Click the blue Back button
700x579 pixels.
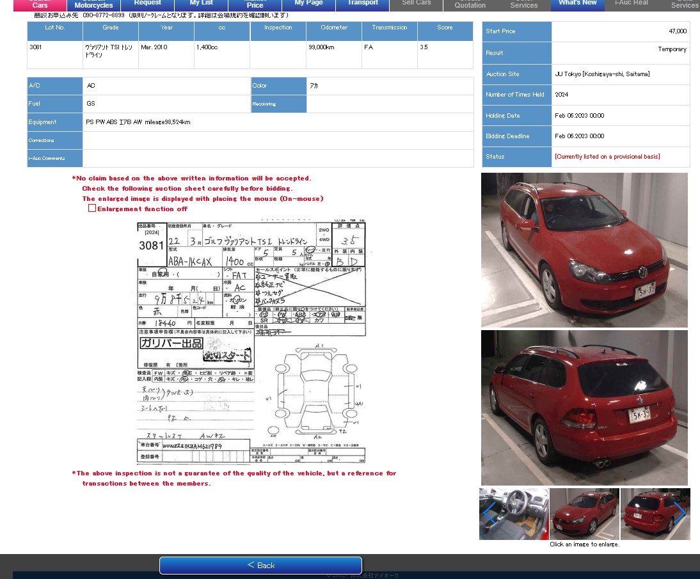tap(260, 565)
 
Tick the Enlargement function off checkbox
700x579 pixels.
tap(92, 209)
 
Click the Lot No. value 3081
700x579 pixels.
tap(35, 47)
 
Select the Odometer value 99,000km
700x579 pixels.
tap(321, 47)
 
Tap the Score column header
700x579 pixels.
tap(445, 28)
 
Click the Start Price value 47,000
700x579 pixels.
tap(677, 31)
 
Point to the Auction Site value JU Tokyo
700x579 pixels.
tap(601, 74)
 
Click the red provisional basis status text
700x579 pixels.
tap(607, 157)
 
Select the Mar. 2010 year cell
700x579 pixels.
tap(154, 47)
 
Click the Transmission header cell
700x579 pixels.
tap(389, 28)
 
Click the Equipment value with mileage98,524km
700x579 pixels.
tap(138, 122)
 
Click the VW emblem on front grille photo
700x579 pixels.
tap(642, 273)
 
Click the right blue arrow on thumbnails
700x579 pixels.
tap(680, 513)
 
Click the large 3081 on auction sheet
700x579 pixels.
tap(151, 246)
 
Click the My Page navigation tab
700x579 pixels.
tap(308, 3)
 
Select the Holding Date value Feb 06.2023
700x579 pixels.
tap(579, 116)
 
